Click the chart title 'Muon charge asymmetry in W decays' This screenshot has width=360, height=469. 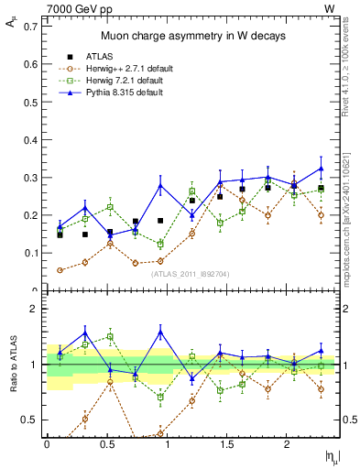click(x=192, y=36)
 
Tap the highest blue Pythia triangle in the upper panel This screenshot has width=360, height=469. click(x=321, y=168)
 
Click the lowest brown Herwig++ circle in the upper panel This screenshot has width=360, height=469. click(x=60, y=270)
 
